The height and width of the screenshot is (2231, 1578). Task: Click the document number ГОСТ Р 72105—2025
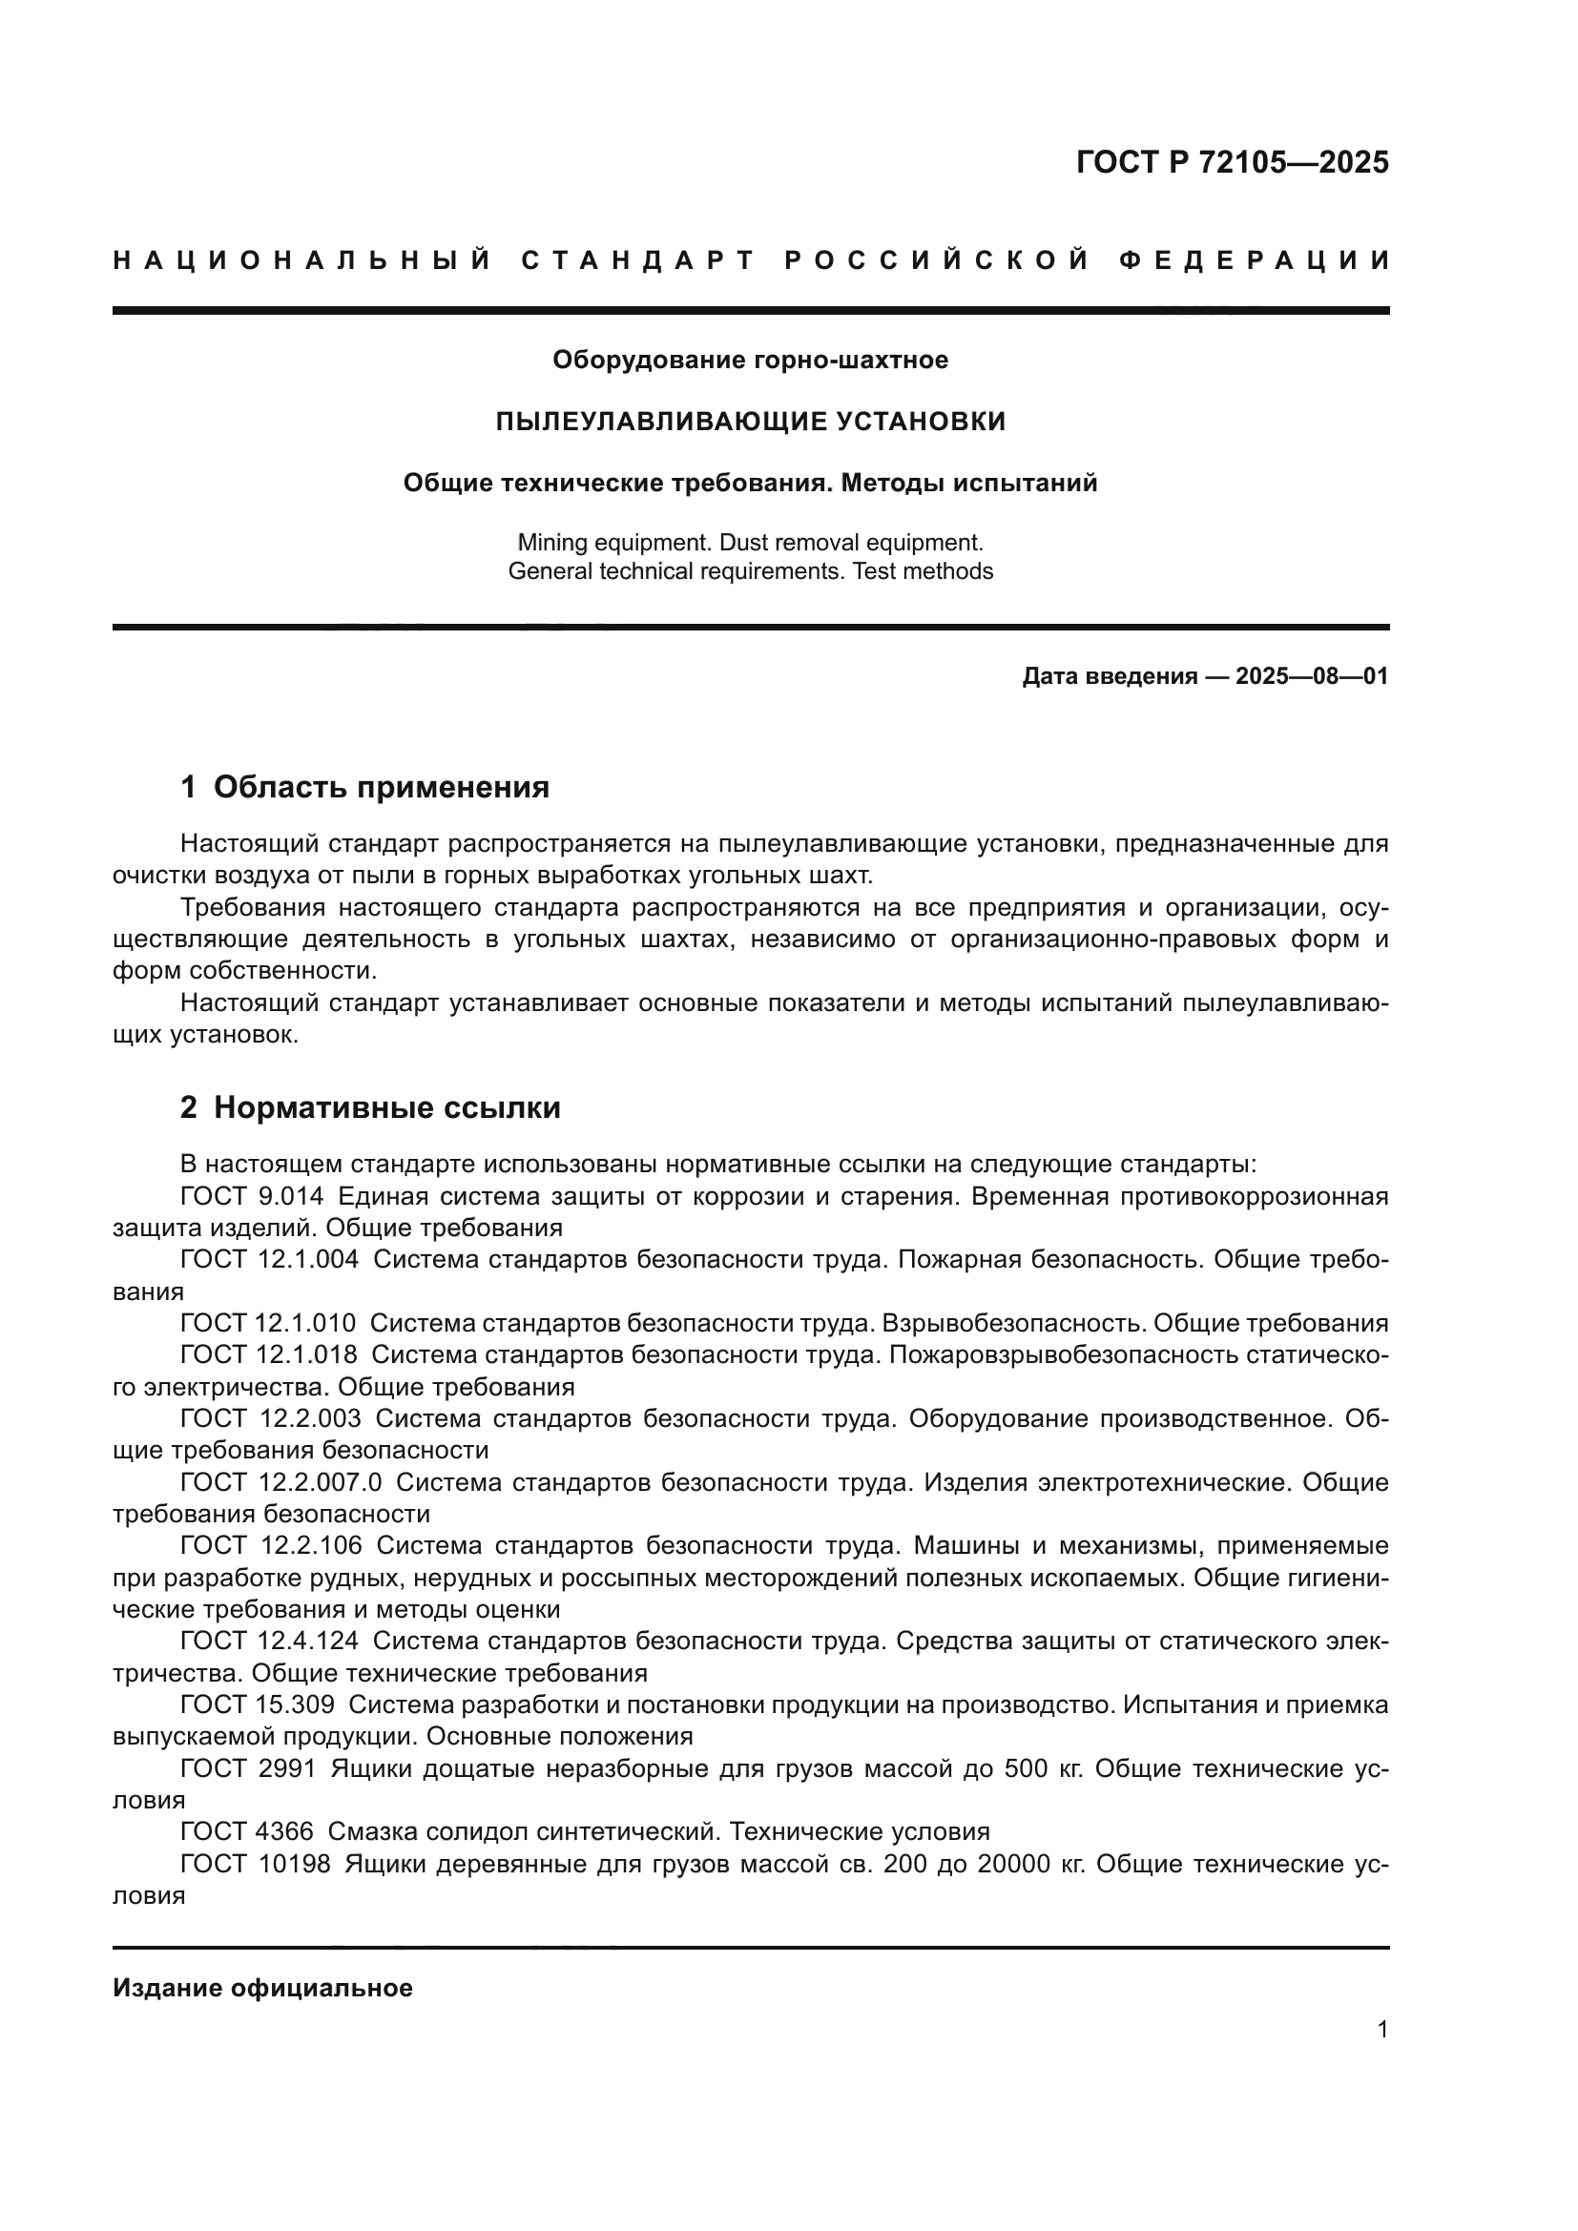pos(1232,162)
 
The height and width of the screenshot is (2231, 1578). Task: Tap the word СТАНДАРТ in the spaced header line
pos(638,260)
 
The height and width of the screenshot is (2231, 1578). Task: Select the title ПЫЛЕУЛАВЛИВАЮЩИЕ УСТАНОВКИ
pos(750,421)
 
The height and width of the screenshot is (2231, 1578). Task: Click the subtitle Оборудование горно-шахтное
pos(750,361)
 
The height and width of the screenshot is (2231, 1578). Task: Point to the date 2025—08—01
pos(1311,676)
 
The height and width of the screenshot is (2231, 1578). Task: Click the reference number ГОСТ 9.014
pos(252,1196)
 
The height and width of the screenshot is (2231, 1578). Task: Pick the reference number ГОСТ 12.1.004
pos(268,1259)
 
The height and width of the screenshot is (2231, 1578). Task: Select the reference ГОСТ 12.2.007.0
pos(280,1482)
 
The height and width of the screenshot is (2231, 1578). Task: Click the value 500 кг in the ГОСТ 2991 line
pos(1041,1768)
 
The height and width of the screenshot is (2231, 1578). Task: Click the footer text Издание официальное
pos(262,1988)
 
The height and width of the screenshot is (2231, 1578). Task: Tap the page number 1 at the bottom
pos(1381,2029)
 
